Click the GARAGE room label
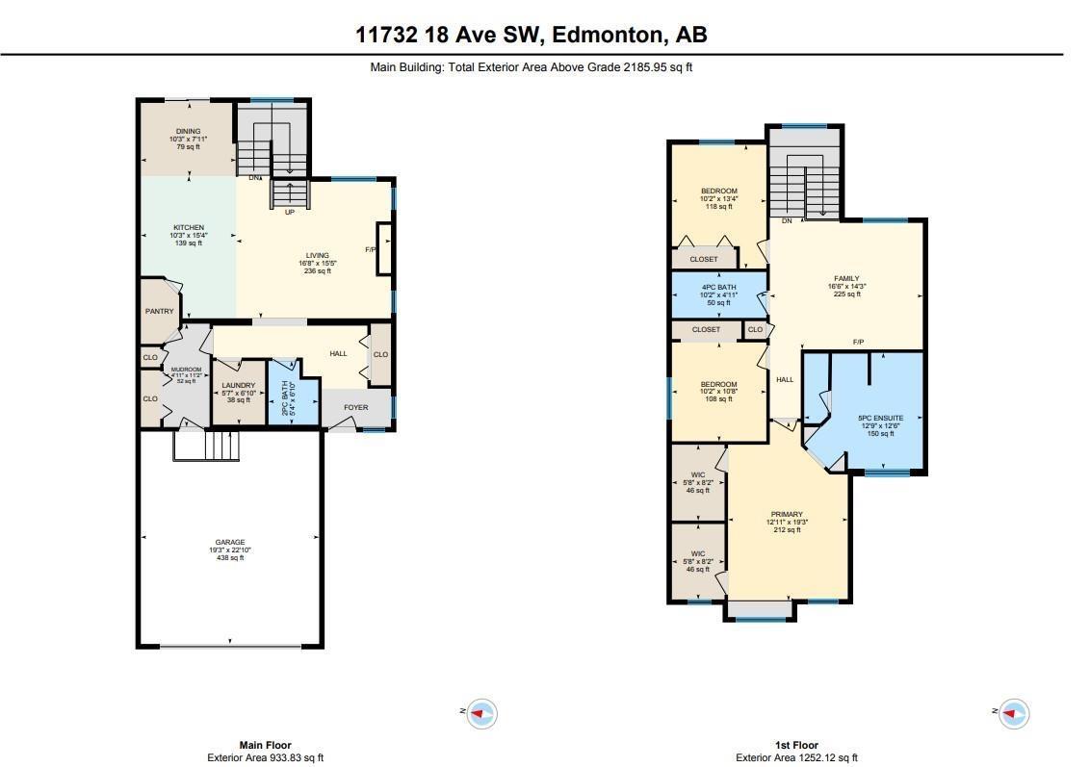click(229, 542)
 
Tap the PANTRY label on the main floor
click(159, 311)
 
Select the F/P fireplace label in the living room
click(370, 249)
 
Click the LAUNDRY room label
click(238, 385)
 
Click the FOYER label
click(356, 407)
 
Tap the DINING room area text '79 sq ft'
click(188, 146)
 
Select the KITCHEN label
click(188, 228)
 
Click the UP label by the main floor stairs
click(289, 212)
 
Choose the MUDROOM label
click(186, 370)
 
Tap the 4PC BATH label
click(718, 286)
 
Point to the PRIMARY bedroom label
click(787, 514)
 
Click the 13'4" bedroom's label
click(718, 192)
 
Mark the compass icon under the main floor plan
click(481, 713)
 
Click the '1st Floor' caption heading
click(796, 745)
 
